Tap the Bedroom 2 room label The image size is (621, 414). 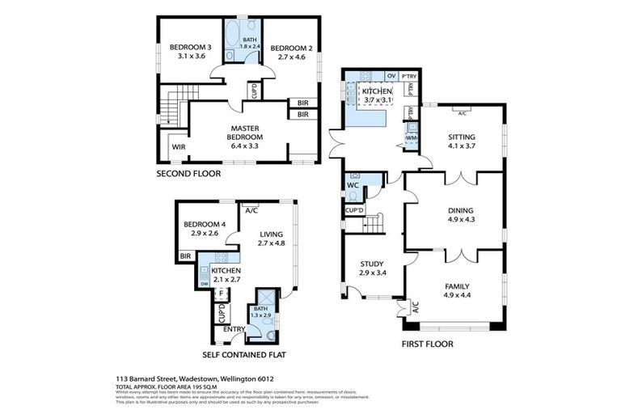(x=286, y=52)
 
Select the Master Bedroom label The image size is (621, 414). (x=243, y=133)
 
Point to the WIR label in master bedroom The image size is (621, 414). (x=179, y=147)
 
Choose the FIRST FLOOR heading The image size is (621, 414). (x=427, y=344)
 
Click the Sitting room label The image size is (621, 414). (x=462, y=142)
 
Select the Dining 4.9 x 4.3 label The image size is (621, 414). (x=461, y=215)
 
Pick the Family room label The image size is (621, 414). (x=461, y=290)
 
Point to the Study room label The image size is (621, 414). (x=373, y=268)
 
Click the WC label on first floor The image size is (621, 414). (x=352, y=185)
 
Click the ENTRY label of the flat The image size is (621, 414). (x=234, y=328)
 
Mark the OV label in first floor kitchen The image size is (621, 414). (x=391, y=76)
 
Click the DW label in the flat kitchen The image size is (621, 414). (x=204, y=284)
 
